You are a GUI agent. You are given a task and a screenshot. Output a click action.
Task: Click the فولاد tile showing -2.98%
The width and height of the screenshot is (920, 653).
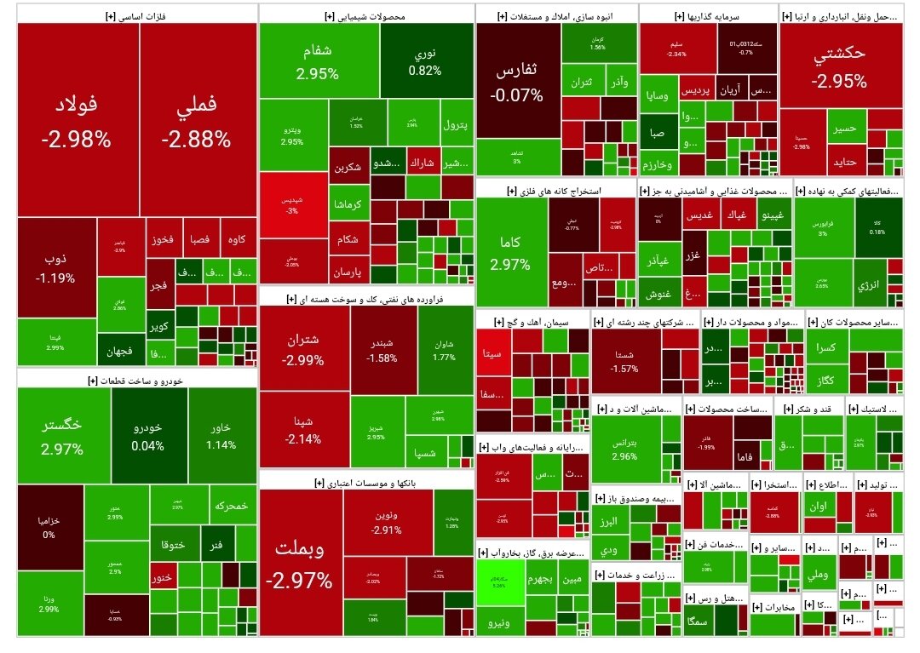[77, 119]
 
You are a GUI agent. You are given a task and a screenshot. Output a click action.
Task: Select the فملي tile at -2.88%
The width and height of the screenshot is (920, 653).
[198, 119]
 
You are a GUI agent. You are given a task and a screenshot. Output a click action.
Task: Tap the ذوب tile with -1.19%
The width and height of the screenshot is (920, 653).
[55, 266]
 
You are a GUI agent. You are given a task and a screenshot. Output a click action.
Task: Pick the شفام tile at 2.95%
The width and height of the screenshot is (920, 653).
[318, 61]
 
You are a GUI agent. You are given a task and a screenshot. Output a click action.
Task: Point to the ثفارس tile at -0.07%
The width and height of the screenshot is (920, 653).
[517, 83]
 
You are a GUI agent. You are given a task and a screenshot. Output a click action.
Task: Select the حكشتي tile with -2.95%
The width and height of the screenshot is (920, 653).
[839, 68]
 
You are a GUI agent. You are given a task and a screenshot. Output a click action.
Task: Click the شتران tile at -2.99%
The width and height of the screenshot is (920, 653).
[303, 349]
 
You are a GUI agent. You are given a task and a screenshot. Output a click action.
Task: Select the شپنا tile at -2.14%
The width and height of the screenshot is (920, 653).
[303, 430]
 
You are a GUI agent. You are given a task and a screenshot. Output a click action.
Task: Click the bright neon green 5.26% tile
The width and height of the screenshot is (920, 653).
[500, 582]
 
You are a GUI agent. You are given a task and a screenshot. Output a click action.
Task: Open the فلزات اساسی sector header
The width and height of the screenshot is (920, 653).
[136, 14]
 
